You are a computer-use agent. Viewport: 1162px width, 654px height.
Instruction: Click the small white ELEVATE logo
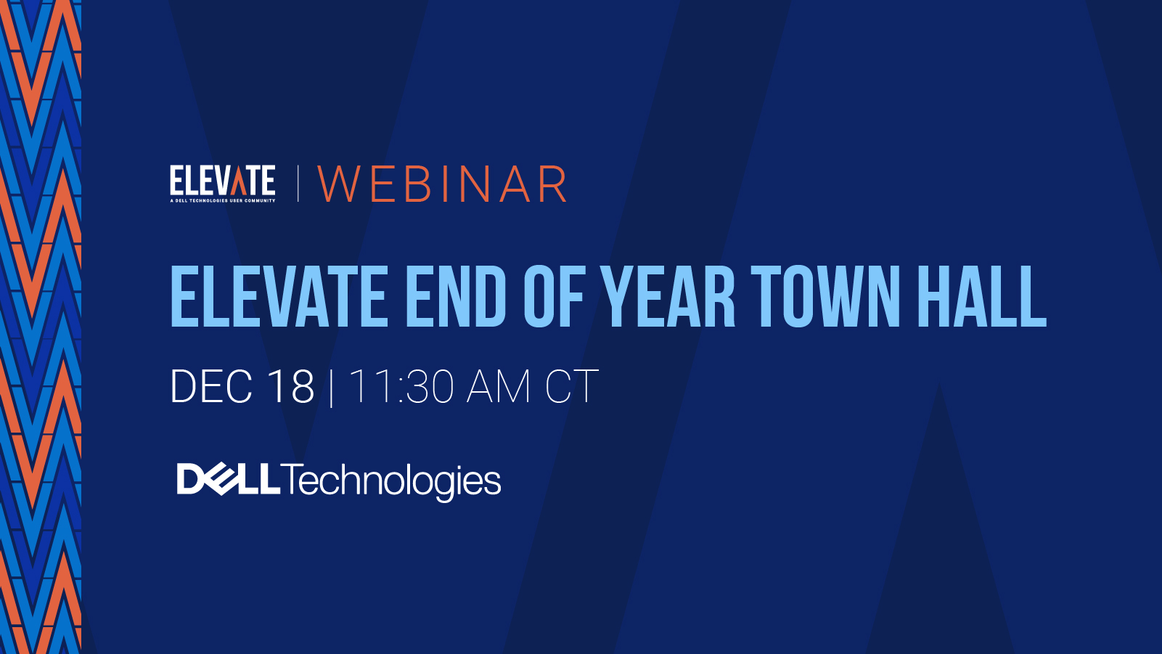pyautogui.click(x=222, y=181)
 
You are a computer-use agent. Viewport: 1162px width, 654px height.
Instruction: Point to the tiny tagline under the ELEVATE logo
pyautogui.click(x=222, y=200)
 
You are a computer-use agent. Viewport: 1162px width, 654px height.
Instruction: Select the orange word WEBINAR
pyautogui.click(x=442, y=184)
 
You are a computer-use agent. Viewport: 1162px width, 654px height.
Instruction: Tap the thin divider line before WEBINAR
pyautogui.click(x=298, y=184)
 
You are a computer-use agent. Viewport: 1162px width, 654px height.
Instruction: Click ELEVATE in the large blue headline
pyautogui.click(x=279, y=296)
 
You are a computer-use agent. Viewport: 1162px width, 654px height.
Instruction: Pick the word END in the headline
pyautogui.click(x=455, y=296)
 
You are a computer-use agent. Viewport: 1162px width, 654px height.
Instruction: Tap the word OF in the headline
pyautogui.click(x=553, y=296)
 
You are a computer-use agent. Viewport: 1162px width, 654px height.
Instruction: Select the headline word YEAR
pyautogui.click(x=668, y=296)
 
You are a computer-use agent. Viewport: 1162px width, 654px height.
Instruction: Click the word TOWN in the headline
pyautogui.click(x=825, y=296)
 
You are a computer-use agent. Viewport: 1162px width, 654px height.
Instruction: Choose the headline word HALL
pyautogui.click(x=981, y=296)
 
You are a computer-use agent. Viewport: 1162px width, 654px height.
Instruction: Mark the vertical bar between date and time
pyautogui.click(x=332, y=388)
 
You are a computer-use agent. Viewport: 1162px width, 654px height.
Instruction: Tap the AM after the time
pyautogui.click(x=499, y=386)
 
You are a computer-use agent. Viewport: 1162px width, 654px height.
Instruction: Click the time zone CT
pyautogui.click(x=571, y=386)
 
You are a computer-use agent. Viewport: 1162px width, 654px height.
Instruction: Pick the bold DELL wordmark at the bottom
pyautogui.click(x=228, y=479)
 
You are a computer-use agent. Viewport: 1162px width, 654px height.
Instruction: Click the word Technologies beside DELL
pyautogui.click(x=391, y=481)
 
